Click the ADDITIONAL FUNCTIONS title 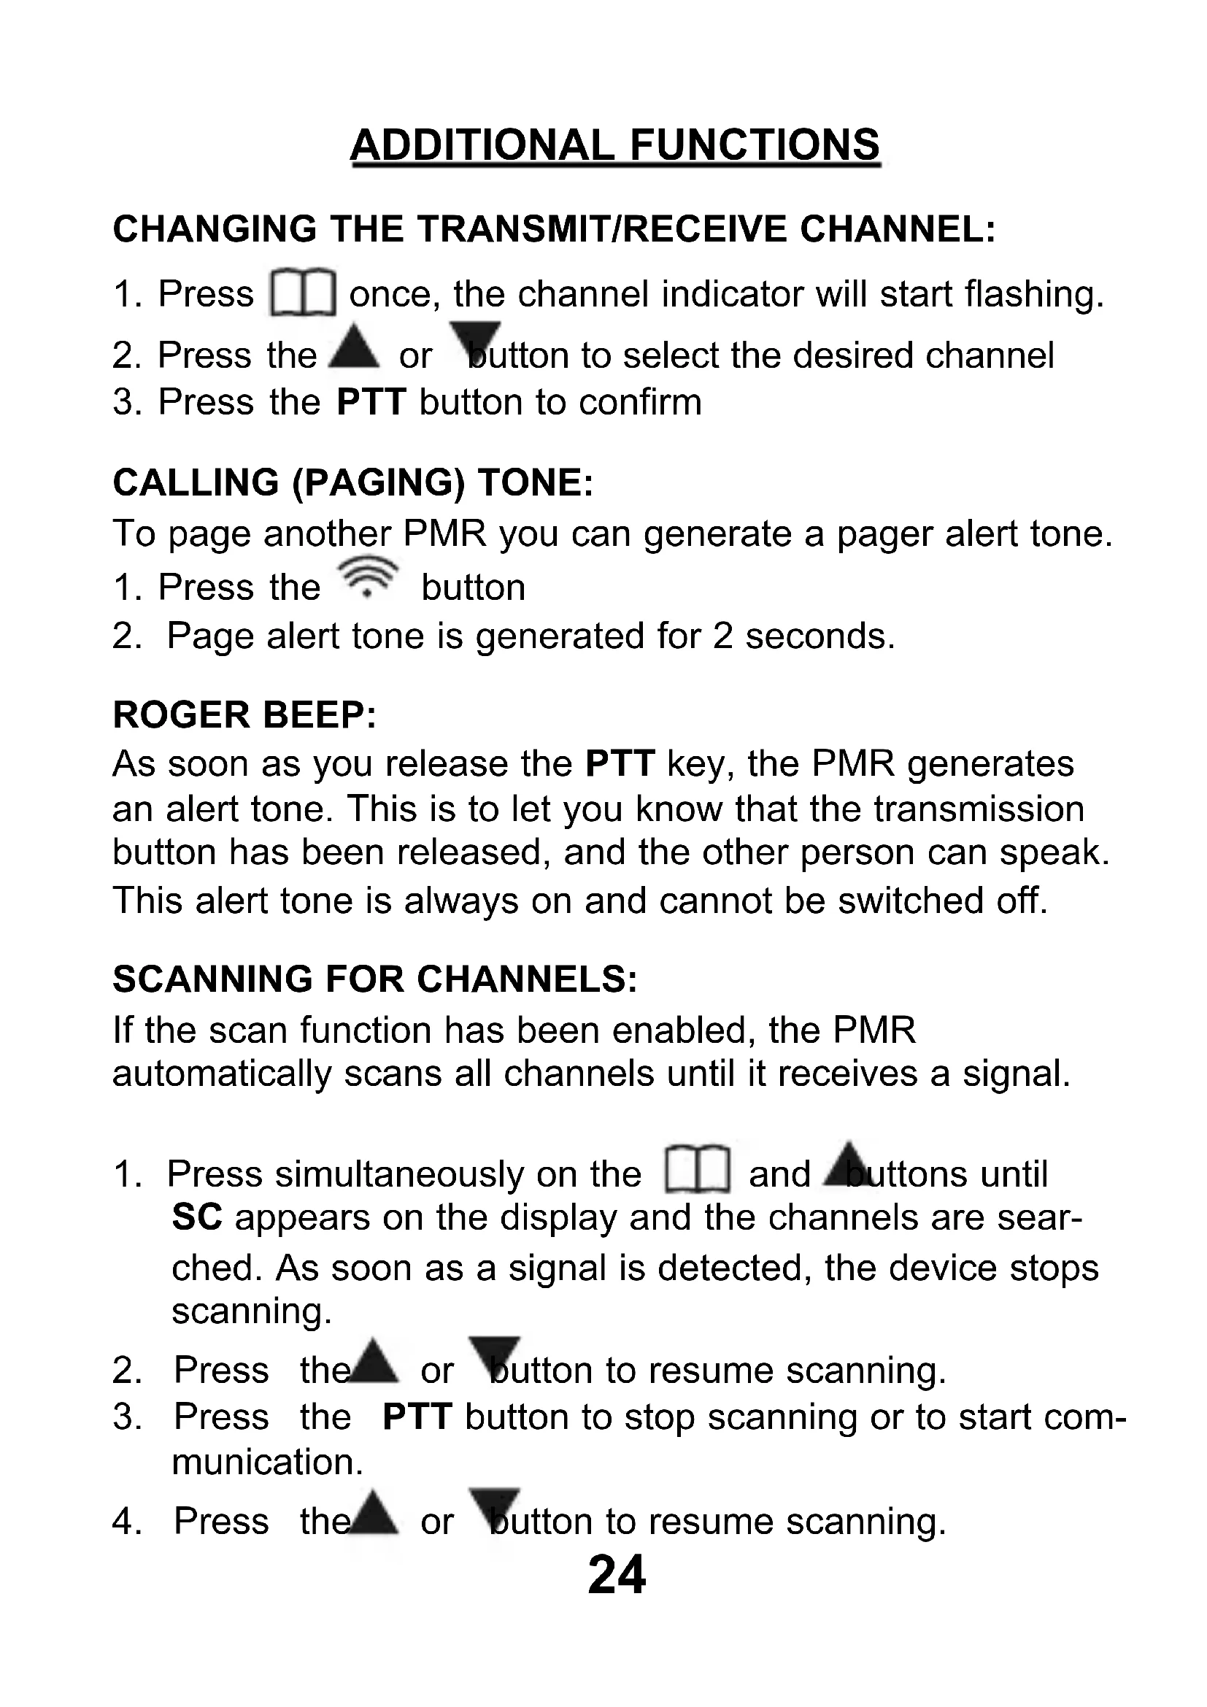tap(615, 145)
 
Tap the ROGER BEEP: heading tap(244, 715)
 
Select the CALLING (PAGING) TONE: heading tap(353, 483)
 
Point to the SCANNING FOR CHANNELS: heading tap(375, 979)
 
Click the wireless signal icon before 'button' tap(367, 578)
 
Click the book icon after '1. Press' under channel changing tap(303, 292)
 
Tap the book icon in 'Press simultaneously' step tap(697, 1169)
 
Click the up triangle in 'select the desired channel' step tap(354, 346)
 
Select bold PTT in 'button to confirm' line tap(371, 402)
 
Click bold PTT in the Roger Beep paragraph tap(620, 763)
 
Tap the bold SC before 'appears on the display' tap(197, 1217)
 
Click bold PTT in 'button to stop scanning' tap(417, 1417)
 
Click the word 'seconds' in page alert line tap(820, 636)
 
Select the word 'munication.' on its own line tap(268, 1463)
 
